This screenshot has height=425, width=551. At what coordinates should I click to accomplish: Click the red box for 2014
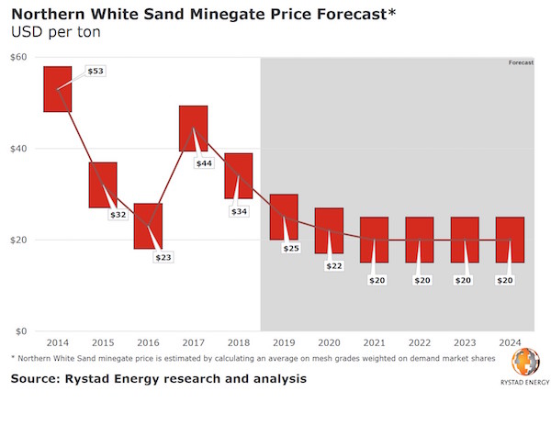58,89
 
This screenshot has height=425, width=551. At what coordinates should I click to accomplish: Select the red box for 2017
193,129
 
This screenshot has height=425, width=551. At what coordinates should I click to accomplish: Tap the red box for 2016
148,226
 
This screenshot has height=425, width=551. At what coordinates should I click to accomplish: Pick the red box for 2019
284,217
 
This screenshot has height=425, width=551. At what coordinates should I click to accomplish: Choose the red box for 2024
510,240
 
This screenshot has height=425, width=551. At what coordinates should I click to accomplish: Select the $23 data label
163,257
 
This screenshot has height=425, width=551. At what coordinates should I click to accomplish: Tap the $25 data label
292,248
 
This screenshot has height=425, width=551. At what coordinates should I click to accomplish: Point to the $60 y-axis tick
18,57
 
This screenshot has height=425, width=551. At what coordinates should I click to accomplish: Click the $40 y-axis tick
18,149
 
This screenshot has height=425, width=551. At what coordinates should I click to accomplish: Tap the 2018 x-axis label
239,342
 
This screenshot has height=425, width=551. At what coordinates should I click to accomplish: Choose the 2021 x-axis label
374,342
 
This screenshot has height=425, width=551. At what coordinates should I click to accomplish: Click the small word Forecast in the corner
521,62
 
